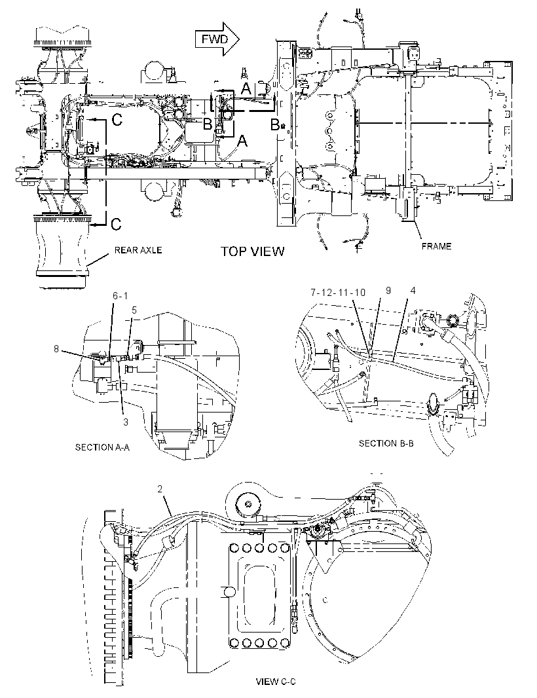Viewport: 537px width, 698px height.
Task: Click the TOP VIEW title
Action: pyautogui.click(x=253, y=251)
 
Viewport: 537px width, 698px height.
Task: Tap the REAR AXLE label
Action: pyautogui.click(x=138, y=249)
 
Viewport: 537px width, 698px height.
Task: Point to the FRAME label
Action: pyautogui.click(x=436, y=246)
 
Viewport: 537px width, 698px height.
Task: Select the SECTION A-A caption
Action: pyautogui.click(x=102, y=447)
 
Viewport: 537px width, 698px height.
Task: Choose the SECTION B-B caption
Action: pyautogui.click(x=386, y=443)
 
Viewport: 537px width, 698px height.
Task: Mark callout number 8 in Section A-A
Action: pyautogui.click(x=56, y=349)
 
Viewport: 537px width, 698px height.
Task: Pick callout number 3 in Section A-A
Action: pyautogui.click(x=126, y=422)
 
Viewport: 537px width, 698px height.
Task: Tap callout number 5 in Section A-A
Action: pyautogui.click(x=134, y=310)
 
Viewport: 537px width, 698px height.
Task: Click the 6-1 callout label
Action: pyautogui.click(x=120, y=295)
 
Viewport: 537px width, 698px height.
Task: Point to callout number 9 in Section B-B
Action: pyautogui.click(x=388, y=290)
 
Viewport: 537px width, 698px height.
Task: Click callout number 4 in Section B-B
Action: pyautogui.click(x=413, y=290)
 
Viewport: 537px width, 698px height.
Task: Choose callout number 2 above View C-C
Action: pyautogui.click(x=160, y=488)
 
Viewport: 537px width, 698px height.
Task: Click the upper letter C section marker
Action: pyautogui.click(x=117, y=120)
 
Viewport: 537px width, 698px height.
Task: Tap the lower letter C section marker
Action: pyautogui.click(x=116, y=224)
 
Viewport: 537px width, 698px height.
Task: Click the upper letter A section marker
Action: pyautogui.click(x=246, y=90)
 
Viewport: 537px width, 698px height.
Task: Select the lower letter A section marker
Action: pyautogui.click(x=242, y=141)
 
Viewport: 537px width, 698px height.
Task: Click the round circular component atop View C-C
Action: pyautogui.click(x=248, y=504)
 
